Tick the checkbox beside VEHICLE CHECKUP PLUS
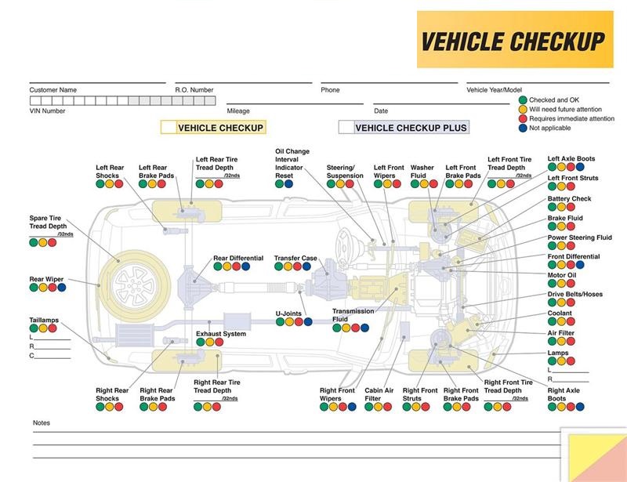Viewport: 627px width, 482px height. (x=346, y=127)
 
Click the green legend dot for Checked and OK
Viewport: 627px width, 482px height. (x=523, y=100)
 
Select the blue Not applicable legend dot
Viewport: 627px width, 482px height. (x=523, y=128)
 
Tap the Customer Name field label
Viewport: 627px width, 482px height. (x=53, y=90)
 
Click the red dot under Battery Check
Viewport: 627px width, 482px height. (x=572, y=208)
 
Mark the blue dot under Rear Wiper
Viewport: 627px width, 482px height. (x=62, y=288)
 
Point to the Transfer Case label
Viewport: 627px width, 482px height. (x=295, y=258)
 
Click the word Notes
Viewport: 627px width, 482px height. (x=42, y=423)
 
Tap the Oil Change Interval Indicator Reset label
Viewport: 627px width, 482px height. (x=292, y=163)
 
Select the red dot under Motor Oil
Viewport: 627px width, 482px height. (x=572, y=284)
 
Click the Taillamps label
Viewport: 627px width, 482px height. (x=44, y=320)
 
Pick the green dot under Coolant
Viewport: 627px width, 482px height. (x=553, y=323)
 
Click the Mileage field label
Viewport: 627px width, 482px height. (x=238, y=111)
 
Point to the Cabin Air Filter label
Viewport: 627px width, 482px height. (x=379, y=394)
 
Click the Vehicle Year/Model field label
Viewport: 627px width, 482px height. (x=494, y=90)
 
